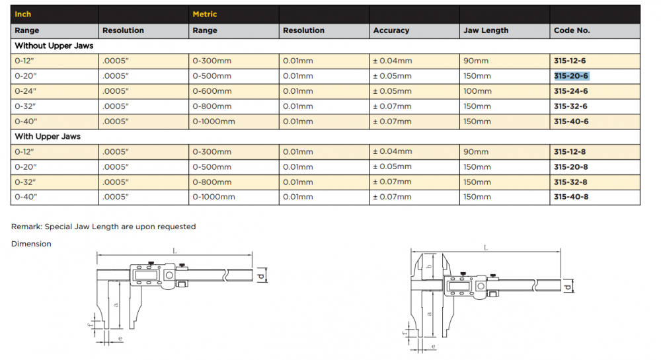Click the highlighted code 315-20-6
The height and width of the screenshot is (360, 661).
tap(571, 76)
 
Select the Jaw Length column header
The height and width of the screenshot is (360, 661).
tap(486, 30)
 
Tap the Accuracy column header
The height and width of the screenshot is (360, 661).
tap(391, 30)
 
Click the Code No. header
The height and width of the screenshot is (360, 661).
tap(572, 30)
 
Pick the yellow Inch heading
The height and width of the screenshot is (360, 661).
tap(22, 14)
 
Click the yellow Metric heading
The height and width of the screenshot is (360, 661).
tap(204, 14)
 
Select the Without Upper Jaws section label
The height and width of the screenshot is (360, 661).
tap(54, 46)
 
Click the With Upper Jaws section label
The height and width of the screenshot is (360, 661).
tap(48, 137)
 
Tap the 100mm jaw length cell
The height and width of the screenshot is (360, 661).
tap(477, 91)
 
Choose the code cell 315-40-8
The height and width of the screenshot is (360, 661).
tap(571, 197)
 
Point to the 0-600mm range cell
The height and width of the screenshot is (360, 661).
tap(212, 91)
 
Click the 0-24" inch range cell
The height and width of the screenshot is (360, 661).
tap(26, 91)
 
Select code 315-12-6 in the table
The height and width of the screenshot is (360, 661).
tap(570, 61)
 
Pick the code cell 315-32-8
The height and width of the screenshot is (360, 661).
tap(570, 182)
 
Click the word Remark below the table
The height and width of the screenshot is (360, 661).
tap(26, 227)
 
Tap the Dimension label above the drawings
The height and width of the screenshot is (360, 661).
tap(31, 244)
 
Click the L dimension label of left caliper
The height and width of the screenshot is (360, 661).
tap(175, 251)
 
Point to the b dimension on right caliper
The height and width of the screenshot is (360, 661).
tap(430, 266)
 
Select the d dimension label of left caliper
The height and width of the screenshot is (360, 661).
tap(261, 276)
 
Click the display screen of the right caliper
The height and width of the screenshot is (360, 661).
tap(459, 286)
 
